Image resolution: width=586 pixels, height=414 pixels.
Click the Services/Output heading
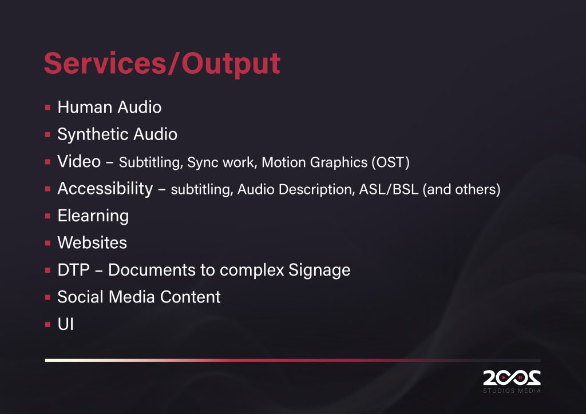coord(162,63)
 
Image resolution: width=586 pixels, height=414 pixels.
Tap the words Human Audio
coord(109,107)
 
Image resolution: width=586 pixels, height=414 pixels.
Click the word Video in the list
coord(79,161)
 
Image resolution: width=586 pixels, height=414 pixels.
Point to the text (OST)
coord(390,162)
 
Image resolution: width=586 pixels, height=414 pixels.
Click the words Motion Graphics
coord(315,163)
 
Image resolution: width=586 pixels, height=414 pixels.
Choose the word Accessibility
coord(105,189)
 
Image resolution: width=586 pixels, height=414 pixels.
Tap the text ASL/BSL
coord(389,189)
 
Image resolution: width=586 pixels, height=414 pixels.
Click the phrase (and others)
coord(462,189)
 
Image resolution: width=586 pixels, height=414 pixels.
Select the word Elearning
coord(93,216)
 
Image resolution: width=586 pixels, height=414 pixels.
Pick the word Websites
coord(92,242)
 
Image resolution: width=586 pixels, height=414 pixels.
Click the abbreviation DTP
coord(74,270)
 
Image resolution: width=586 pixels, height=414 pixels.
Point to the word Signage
coord(319,270)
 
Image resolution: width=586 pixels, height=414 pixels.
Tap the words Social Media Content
coord(139,297)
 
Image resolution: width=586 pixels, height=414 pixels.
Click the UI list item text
coord(65,324)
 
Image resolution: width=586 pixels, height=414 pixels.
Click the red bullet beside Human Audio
coord(47,108)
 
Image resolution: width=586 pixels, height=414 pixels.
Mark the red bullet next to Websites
coord(47,244)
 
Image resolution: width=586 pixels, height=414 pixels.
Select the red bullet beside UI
coord(47,325)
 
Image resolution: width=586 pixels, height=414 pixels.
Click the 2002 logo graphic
coord(512,378)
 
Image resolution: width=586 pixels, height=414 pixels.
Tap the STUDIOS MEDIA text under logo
coord(512,391)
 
